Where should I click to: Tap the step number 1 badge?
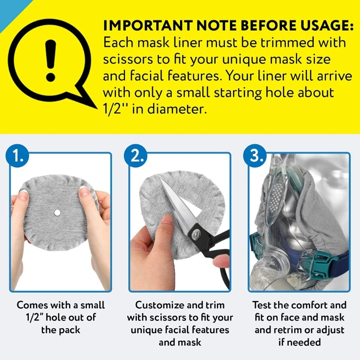tap(18, 156)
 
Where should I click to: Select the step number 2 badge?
tap(136, 156)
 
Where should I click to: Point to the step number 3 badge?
tap(255, 156)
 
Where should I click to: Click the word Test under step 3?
tap(262, 305)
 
